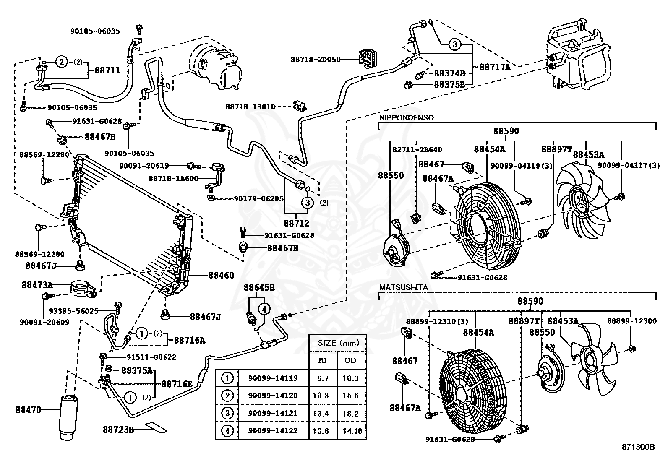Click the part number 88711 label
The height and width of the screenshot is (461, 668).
tap(107, 70)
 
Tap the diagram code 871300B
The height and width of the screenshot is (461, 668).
tap(638, 447)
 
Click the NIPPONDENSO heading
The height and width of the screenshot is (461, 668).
tap(406, 118)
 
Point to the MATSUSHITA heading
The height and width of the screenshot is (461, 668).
tap(403, 287)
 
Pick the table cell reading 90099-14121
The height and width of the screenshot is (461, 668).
tap(273, 413)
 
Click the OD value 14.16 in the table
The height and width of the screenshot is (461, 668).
tap(352, 431)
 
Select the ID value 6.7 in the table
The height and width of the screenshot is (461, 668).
tap(323, 378)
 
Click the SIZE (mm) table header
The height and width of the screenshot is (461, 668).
tap(338, 343)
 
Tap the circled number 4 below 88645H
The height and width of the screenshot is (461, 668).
tap(264, 309)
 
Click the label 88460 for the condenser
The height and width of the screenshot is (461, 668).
tap(221, 275)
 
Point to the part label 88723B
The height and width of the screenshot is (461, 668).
tap(118, 430)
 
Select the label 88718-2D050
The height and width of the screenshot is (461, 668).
tap(316, 60)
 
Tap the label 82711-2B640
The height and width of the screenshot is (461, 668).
tap(417, 150)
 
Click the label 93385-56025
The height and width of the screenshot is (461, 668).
tap(74, 311)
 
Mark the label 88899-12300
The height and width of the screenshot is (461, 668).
tap(632, 321)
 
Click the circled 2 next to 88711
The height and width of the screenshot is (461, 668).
tap(61, 63)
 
